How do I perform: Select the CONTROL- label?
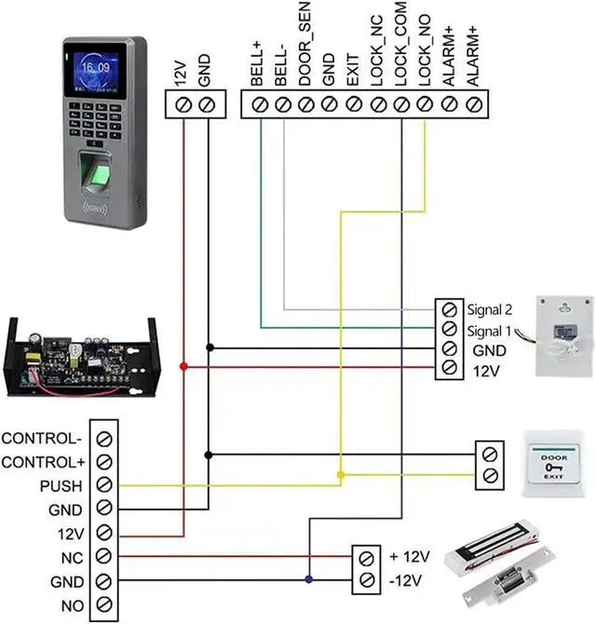(x=44, y=438)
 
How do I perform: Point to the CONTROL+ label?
(x=44, y=462)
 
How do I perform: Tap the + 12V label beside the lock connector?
(x=409, y=557)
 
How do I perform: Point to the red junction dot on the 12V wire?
(x=184, y=367)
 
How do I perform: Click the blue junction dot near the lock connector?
(x=308, y=581)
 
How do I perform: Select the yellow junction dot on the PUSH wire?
(x=341, y=476)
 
